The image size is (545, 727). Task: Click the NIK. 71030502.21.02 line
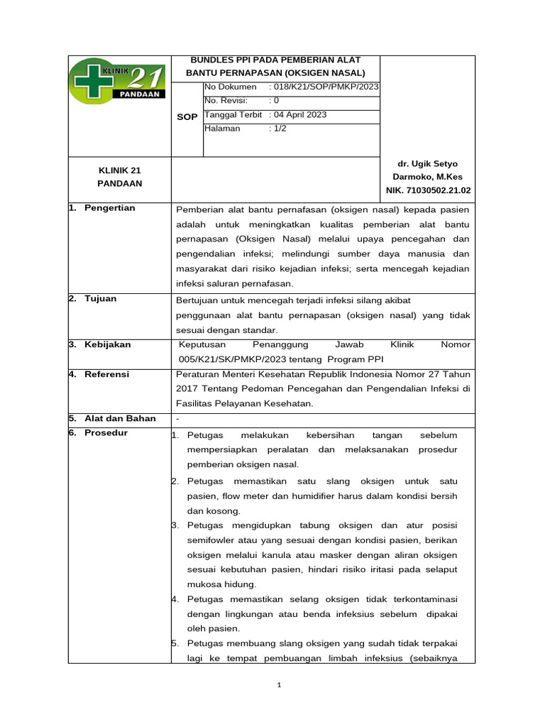(x=428, y=190)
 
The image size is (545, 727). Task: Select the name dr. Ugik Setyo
(x=428, y=163)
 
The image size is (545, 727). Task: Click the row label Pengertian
(x=109, y=207)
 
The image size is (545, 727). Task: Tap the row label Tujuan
(x=100, y=298)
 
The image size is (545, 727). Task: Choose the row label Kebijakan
(x=107, y=344)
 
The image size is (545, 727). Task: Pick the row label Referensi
(x=106, y=374)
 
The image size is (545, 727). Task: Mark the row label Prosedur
(x=106, y=433)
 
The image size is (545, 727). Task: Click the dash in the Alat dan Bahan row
(x=177, y=419)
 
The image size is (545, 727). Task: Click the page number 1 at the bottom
(x=280, y=685)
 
